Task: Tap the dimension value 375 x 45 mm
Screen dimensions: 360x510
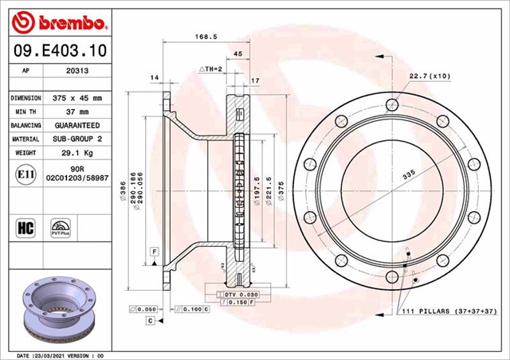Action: [x=77, y=98]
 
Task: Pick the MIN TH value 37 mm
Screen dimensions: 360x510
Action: [x=76, y=112]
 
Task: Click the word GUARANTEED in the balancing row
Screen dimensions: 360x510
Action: [x=77, y=125]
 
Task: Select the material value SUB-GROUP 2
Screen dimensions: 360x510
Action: [x=77, y=139]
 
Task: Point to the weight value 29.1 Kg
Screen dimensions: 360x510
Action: [x=77, y=152]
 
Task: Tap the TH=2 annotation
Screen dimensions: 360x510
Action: [x=210, y=69]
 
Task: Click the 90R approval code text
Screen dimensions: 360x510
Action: [x=77, y=169]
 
